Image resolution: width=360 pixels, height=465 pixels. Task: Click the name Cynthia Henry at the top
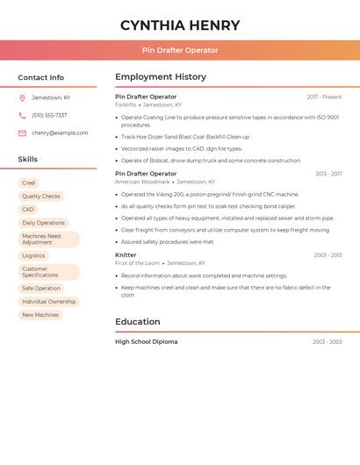click(x=180, y=25)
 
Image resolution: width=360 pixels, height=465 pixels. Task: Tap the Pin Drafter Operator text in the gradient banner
click(x=180, y=50)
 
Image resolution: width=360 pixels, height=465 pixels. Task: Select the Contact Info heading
click(x=41, y=77)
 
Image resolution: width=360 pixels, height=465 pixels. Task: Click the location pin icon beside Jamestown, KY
click(x=22, y=97)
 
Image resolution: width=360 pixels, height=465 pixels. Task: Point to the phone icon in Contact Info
click(x=22, y=115)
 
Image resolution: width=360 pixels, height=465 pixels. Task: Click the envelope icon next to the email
click(x=22, y=133)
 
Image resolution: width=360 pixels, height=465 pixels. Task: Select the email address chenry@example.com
click(x=60, y=133)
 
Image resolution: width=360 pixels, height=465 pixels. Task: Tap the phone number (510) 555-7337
click(x=49, y=115)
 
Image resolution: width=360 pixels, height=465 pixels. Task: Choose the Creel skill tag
click(x=29, y=183)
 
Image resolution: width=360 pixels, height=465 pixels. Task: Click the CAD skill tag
click(x=28, y=210)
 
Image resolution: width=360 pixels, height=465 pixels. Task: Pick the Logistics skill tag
click(x=33, y=255)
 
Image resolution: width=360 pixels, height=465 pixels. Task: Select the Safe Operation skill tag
click(x=41, y=288)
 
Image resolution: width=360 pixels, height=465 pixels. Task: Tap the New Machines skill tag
click(x=40, y=315)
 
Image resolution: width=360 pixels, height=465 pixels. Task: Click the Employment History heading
click(x=161, y=77)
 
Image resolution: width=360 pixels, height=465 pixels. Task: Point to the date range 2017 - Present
click(x=324, y=97)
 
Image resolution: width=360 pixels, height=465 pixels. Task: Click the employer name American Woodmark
click(x=142, y=182)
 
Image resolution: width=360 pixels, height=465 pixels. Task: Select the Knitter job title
click(x=126, y=254)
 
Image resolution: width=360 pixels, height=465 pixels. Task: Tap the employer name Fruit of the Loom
click(x=137, y=262)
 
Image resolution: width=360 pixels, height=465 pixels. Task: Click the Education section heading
click(x=138, y=322)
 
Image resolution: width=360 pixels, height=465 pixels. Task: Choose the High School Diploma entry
click(x=146, y=341)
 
